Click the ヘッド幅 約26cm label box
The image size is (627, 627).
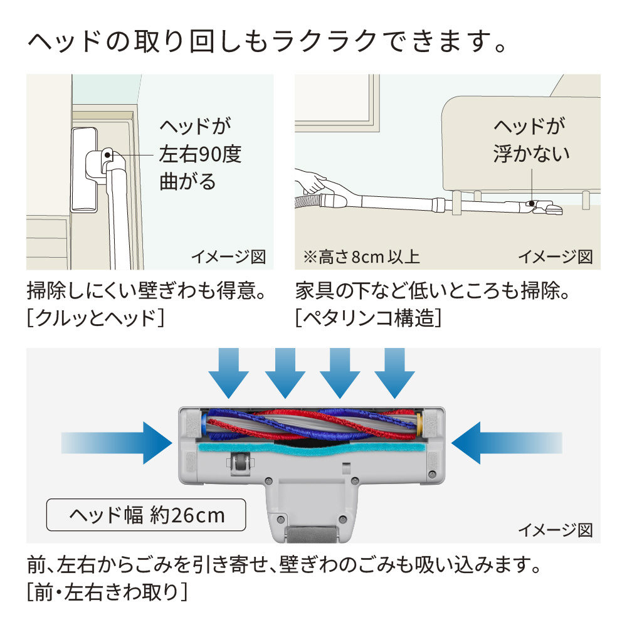[x=146, y=515]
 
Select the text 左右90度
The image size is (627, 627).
[x=200, y=154]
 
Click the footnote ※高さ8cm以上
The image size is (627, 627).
[x=361, y=256]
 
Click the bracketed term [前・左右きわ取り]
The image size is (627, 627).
[x=107, y=593]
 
